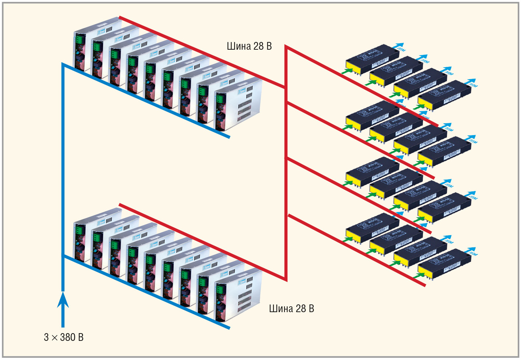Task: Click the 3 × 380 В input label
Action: coord(64,337)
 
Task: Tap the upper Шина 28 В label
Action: coord(249,46)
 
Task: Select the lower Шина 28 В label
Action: coord(291,308)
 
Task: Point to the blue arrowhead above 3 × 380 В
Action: coord(63,300)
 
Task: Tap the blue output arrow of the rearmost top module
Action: coord(398,46)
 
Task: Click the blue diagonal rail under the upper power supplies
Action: coord(147,101)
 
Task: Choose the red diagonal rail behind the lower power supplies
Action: coord(202,241)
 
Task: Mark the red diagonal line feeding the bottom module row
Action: coord(357,250)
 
